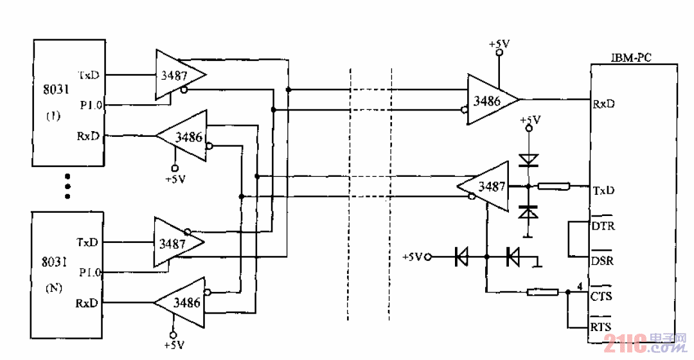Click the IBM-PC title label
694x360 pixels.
[630, 58]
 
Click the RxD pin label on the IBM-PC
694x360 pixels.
[603, 103]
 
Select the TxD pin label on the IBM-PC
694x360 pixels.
[603, 191]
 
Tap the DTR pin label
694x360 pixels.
[601, 226]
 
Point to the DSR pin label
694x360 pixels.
[601, 261]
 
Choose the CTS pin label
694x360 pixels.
[601, 296]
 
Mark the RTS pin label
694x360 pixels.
[601, 327]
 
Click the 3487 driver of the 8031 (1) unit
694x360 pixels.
[177, 75]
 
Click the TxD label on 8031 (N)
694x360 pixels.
[88, 242]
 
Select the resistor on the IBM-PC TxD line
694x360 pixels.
[553, 187]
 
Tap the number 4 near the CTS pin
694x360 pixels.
[580, 286]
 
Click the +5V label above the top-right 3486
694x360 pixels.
[499, 44]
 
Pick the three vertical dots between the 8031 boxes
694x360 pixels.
[67, 186]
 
